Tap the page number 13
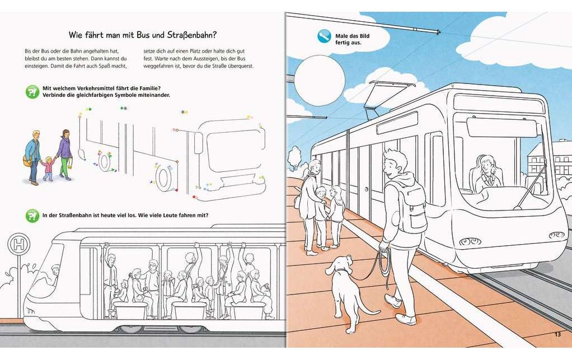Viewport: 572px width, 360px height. coord(557,334)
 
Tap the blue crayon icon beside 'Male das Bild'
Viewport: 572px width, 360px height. coord(324,37)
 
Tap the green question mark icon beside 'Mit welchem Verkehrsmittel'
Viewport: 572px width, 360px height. coord(32,92)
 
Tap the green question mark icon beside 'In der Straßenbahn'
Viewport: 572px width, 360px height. coord(32,215)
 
